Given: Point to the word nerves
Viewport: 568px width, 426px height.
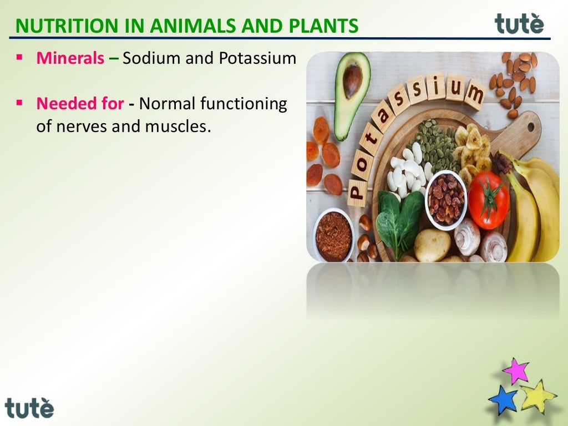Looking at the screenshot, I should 81,126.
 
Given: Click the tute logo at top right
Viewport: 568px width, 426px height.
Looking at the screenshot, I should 519,24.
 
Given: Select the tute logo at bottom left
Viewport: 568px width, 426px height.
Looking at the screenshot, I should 30,408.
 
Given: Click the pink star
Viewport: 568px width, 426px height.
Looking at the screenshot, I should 516,371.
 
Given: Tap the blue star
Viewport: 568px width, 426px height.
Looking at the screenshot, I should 503,400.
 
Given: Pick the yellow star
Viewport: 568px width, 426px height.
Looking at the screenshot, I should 537,396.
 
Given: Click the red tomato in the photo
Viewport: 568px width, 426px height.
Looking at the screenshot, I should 488,200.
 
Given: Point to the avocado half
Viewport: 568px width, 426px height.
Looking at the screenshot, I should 352,92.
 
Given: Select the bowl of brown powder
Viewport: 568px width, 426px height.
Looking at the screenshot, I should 334,235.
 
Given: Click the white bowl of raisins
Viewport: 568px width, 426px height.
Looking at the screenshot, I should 446,200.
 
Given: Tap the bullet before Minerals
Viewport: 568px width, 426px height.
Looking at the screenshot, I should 19,57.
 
